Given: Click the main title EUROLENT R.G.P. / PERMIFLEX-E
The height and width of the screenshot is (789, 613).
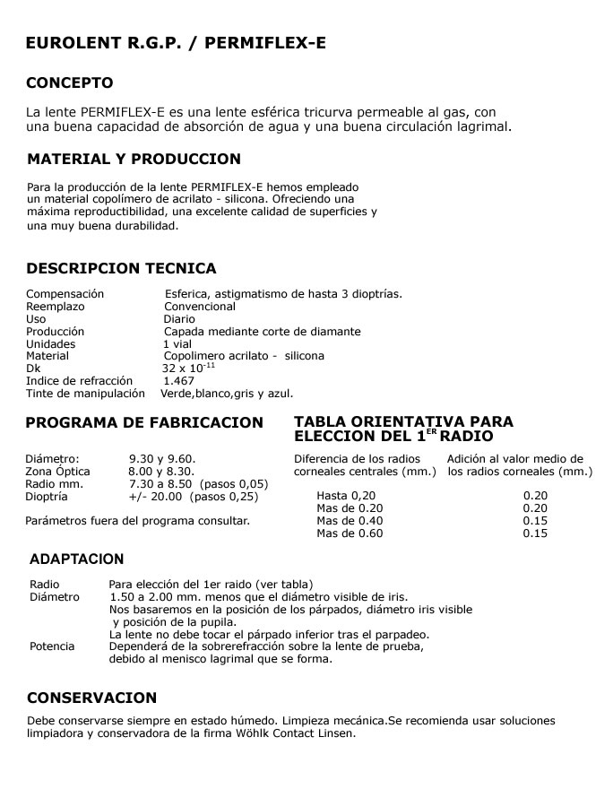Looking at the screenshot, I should tap(176, 42).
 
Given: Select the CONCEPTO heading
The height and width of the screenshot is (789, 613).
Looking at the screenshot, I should tap(70, 83).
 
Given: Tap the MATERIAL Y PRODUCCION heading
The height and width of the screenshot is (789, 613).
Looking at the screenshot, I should tap(134, 160).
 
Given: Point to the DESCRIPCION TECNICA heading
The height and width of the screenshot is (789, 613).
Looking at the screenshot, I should tap(121, 268).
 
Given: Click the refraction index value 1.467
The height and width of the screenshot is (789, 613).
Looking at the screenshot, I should tap(178, 381).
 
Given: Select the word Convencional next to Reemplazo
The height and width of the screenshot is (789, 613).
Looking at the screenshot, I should tap(200, 307).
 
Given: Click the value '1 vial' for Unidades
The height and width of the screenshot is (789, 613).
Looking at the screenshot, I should tap(177, 343).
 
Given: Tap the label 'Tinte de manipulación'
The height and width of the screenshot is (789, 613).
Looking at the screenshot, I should tap(85, 394).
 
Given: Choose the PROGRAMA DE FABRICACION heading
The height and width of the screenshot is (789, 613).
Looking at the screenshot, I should tap(144, 422).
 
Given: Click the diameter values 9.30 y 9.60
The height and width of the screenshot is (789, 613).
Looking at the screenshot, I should tap(162, 458).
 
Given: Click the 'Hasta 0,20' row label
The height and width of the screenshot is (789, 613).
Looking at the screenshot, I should tap(346, 495).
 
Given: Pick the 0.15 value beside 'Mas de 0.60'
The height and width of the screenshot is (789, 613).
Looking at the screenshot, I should tap(535, 533).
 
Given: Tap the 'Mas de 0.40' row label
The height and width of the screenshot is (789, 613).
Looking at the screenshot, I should tap(350, 521).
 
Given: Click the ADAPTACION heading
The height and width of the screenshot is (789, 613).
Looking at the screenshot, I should tap(77, 559).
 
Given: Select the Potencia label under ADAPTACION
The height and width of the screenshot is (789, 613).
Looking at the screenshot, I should tap(53, 646).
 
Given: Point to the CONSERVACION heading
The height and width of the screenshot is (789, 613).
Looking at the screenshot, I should tap(91, 698).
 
